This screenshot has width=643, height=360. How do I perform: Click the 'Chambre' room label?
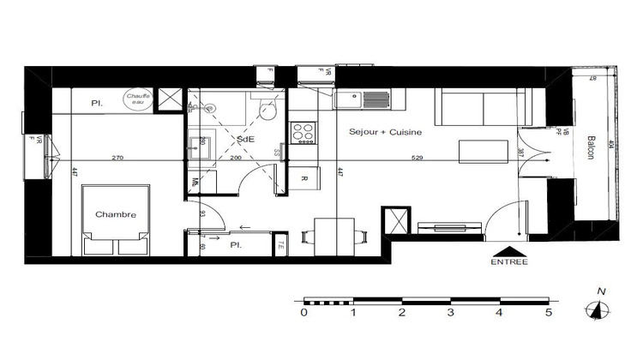click(116, 214)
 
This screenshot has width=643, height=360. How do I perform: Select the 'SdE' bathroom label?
click(245, 139)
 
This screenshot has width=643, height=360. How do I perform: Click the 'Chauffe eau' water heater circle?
click(138, 99)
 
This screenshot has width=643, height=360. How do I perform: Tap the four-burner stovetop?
click(303, 132)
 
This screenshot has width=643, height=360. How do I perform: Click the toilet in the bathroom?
click(267, 111)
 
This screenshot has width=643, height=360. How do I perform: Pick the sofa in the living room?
click(485, 108)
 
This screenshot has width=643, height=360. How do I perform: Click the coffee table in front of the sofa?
click(478, 151)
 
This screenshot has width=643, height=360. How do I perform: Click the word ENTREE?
click(509, 261)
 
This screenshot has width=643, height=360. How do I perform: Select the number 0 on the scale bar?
click(304, 313)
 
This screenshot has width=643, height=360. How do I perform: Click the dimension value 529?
click(417, 158)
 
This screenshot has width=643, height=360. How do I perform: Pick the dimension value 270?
click(117, 158)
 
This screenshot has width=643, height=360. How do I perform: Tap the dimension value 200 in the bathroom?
click(236, 158)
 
